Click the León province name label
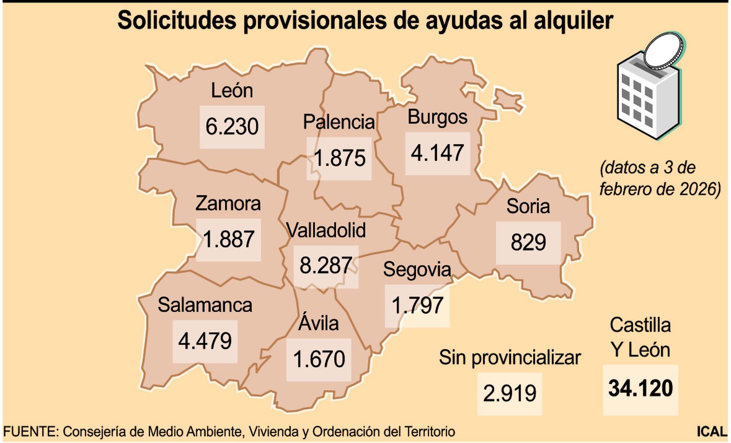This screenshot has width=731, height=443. coord(232,91)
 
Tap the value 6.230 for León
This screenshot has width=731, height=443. coord(232,127)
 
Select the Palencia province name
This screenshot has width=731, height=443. coord(339,122)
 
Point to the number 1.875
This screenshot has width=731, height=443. coord(339,158)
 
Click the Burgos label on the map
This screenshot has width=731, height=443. coord(437,117)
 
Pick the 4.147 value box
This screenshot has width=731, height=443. coord(437,153)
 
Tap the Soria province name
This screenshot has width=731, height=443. coord(528,206)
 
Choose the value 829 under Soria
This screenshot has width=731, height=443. coord(528,243)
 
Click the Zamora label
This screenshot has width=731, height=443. coord(228,204)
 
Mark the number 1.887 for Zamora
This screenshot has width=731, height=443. coord(228,240)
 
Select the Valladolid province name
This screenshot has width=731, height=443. coord(326,230)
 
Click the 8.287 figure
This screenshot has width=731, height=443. coord(326,266)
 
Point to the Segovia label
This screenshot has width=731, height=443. coord(417,270)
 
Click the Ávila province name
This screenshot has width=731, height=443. coord(318,323)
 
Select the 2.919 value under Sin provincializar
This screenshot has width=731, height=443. coord(509,394)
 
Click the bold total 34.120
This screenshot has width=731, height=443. coord(640,389)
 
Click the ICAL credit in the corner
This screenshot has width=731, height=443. coord(711,432)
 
